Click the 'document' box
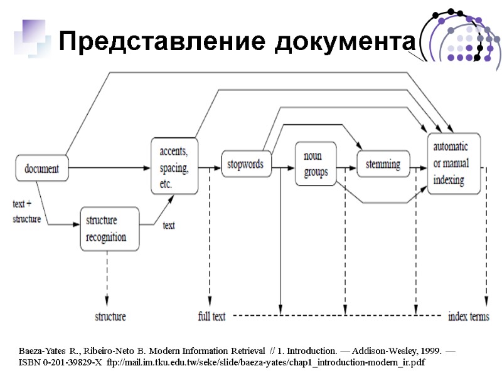[x=42, y=168]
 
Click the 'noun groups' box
[x=316, y=164]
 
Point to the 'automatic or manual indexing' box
[x=454, y=164]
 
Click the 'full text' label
[x=211, y=316]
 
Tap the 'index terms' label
[x=468, y=316]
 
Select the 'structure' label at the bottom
[x=110, y=316]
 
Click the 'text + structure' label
[x=27, y=212]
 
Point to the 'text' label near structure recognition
[x=169, y=225]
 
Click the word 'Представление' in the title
[x=148, y=43]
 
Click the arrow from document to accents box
[x=110, y=168]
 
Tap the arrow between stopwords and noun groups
[x=282, y=167]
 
